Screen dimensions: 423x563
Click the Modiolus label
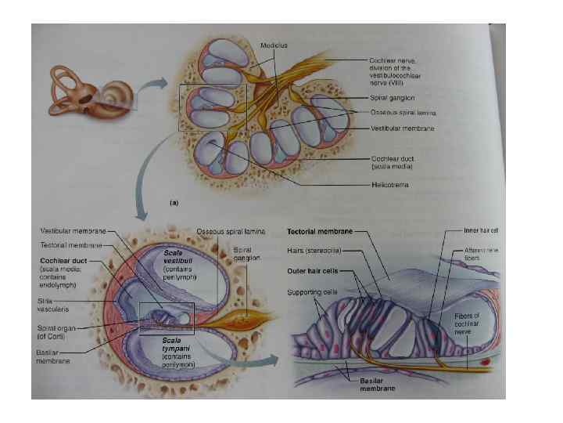[274, 45]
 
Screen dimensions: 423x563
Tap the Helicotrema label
[389, 185]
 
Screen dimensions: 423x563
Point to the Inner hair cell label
[479, 231]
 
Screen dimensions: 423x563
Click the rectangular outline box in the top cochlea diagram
[213, 109]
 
